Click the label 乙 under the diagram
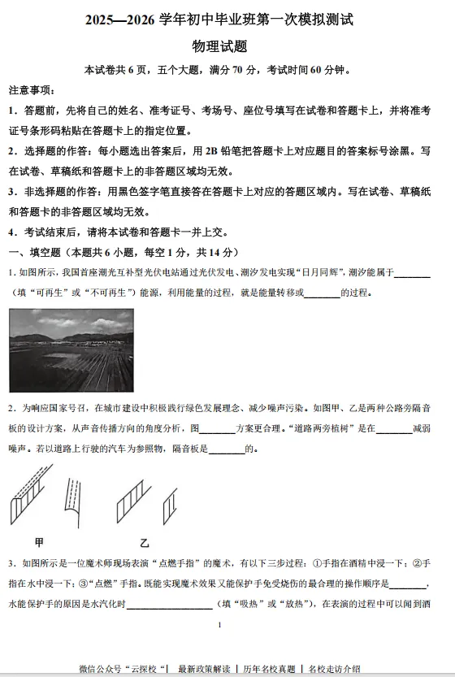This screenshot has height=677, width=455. click(145, 542)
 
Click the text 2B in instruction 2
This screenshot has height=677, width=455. click(214, 151)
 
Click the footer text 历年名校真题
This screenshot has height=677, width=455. click(269, 668)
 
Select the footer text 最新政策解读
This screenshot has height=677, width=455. click(204, 668)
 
